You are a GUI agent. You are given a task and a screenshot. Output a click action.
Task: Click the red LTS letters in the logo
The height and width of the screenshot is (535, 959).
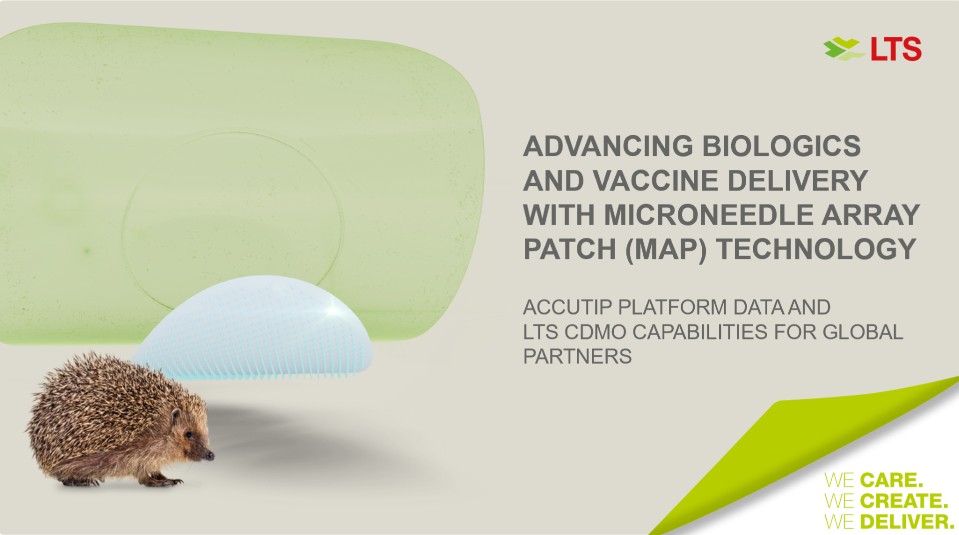coord(896,49)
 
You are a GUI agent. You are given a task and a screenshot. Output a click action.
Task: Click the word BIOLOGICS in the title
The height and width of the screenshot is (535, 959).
coord(781,146)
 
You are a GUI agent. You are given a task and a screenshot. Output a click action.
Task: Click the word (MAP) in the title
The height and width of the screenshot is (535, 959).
coord(665,249)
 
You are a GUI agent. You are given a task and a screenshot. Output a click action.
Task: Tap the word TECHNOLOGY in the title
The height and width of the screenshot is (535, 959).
coord(816,249)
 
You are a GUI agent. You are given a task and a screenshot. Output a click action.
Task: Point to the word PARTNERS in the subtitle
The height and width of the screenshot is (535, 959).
coord(577,356)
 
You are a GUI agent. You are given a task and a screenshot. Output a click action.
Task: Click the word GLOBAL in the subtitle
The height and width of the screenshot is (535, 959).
coord(863,332)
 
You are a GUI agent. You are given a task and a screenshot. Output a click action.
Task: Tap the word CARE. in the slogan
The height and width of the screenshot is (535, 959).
coord(891,480)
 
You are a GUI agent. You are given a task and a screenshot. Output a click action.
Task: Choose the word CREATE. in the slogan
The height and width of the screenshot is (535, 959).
coord(904,501)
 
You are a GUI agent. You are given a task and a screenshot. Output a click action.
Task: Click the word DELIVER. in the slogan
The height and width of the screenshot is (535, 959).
coord(907,522)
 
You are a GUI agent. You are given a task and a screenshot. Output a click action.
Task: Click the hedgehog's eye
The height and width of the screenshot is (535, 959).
coord(189,435)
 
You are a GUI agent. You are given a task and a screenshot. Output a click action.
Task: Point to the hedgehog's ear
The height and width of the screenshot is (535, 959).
coord(175,415)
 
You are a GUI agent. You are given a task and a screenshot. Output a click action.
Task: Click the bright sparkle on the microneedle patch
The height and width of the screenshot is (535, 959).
coord(332,311)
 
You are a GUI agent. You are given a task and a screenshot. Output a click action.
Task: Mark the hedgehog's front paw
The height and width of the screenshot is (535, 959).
coord(169,482)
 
